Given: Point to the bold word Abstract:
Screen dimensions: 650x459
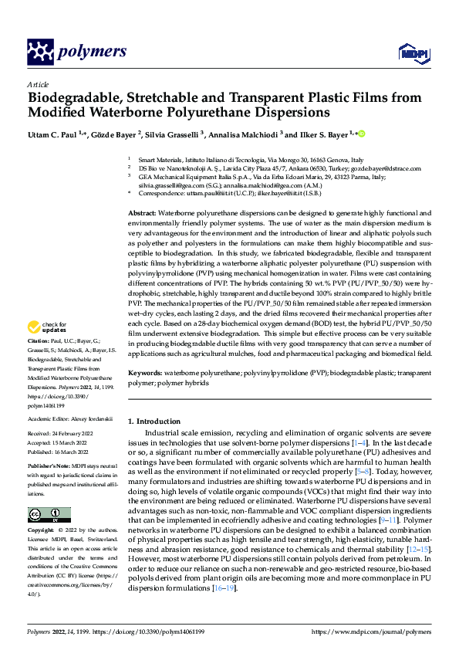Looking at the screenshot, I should tap(142, 212).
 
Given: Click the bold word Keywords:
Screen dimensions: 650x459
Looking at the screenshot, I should tap(144, 373).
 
